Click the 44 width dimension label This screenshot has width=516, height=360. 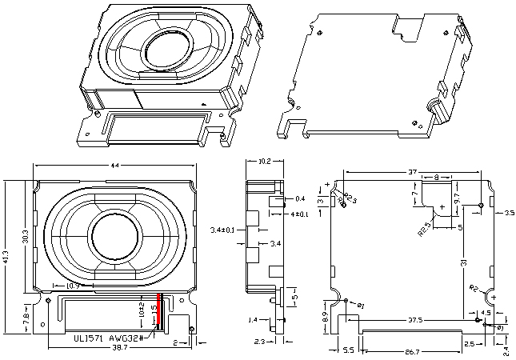pyautogui.click(x=114, y=166)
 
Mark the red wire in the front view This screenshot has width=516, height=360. pyautogui.click(x=160, y=311)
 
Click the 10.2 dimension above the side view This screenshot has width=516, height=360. pyautogui.click(x=265, y=162)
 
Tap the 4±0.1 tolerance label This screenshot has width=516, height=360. pyautogui.click(x=301, y=214)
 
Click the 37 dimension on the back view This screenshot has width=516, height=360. pyautogui.click(x=413, y=171)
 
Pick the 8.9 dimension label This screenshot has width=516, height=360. pyautogui.click(x=324, y=318)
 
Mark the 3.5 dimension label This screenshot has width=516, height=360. pyautogui.click(x=510, y=214)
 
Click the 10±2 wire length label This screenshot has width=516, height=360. pyautogui.click(x=142, y=310)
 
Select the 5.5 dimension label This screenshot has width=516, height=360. pyautogui.click(x=349, y=350)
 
